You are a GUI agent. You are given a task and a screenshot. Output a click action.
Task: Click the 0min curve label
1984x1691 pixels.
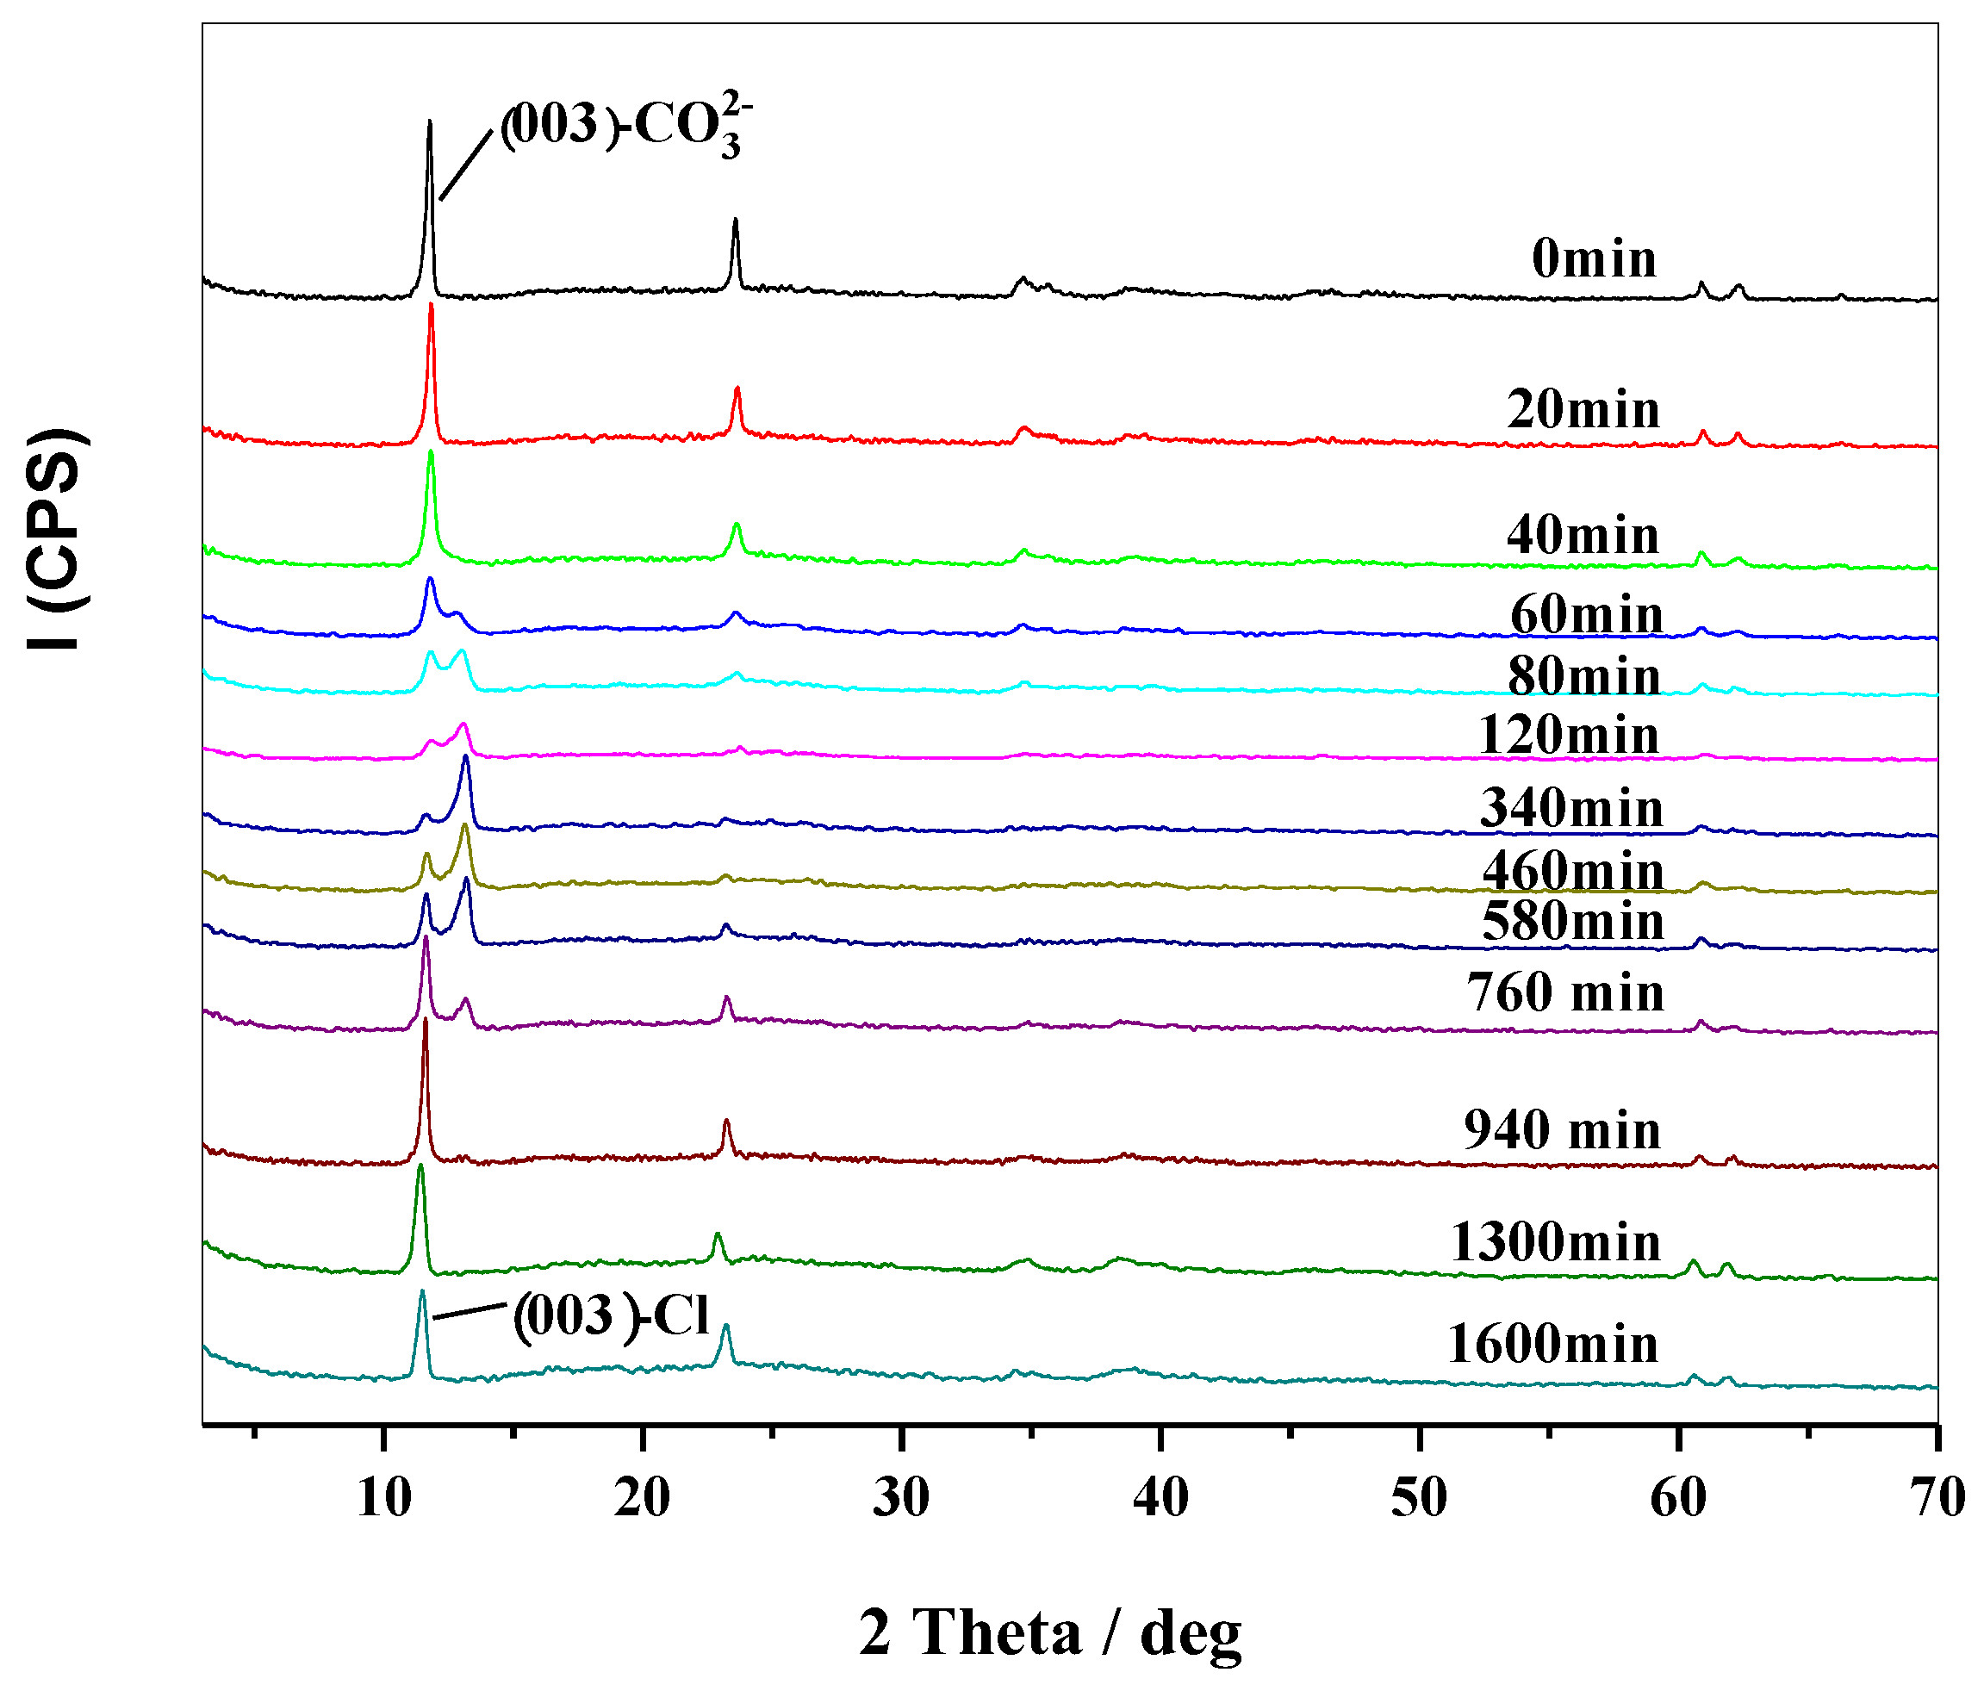tap(1594, 258)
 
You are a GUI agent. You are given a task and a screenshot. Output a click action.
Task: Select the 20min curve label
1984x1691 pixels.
tap(1583, 410)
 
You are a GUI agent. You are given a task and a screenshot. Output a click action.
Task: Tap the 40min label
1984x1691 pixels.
tap(1582, 534)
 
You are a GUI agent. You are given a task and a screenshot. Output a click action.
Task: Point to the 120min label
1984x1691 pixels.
tap(1569, 736)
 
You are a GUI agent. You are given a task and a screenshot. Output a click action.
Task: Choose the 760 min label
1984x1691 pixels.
tap(1565, 992)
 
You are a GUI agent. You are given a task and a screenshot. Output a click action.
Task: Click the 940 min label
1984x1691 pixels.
tap(1562, 1130)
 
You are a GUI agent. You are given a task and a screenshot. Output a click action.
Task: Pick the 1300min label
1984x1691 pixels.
tap(1555, 1243)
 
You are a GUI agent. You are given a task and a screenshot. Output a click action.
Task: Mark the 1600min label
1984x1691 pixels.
tap(1552, 1344)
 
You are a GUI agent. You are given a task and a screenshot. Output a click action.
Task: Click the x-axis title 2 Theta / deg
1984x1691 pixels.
tap(1049, 1632)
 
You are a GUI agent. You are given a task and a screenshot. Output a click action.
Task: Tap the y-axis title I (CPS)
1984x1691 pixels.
tap(58, 539)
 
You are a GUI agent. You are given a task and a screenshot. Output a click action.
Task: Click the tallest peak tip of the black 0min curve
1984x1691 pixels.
tap(429, 121)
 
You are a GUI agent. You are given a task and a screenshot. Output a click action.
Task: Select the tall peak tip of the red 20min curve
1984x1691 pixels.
tap(431, 304)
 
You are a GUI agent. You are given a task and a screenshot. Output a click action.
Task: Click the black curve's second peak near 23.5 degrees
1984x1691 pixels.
tap(735, 221)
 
